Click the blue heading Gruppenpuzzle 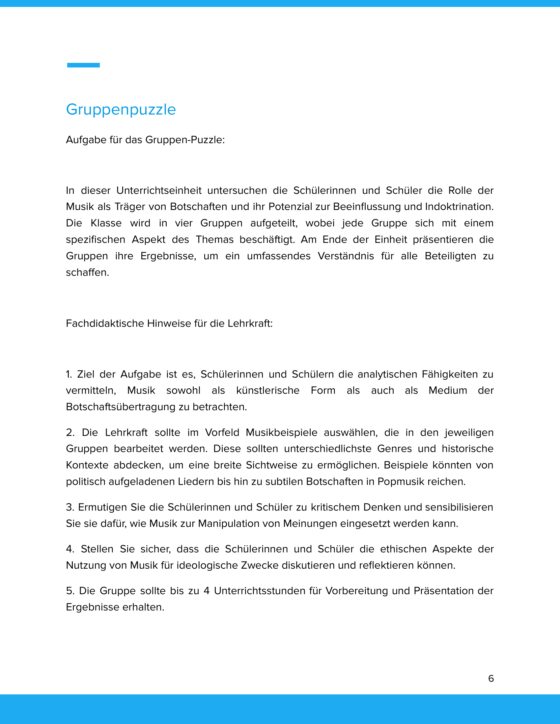tap(121, 109)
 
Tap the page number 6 tap(491, 678)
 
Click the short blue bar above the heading tap(83, 65)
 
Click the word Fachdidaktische tap(105, 323)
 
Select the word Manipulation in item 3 tap(238, 524)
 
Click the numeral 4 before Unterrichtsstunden tap(206, 591)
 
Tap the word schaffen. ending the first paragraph tap(87, 272)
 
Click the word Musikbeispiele tap(281, 432)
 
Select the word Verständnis tap(346, 256)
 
